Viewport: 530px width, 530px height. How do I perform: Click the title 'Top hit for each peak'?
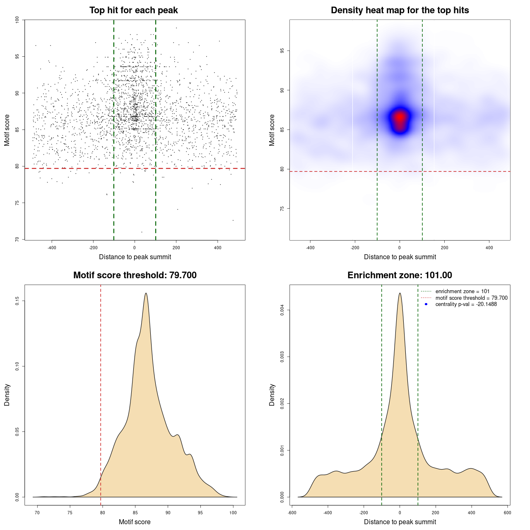click(134, 10)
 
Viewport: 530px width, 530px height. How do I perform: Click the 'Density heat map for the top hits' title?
click(400, 10)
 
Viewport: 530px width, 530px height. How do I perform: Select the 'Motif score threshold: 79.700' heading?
click(135, 275)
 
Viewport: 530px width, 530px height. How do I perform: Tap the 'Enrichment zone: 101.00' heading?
click(400, 275)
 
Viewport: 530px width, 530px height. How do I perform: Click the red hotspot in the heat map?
click(400, 118)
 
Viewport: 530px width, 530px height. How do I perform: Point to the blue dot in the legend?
click(426, 304)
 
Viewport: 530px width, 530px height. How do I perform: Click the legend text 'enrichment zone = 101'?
click(462, 291)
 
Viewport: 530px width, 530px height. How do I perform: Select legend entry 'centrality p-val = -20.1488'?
click(466, 304)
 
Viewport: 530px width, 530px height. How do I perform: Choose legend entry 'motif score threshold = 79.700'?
click(471, 298)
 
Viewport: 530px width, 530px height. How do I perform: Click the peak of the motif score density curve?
click(146, 294)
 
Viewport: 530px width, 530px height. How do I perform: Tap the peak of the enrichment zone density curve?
click(400, 294)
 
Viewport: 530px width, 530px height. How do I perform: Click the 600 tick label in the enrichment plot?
click(507, 513)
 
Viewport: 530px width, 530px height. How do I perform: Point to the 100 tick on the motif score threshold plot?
click(233, 513)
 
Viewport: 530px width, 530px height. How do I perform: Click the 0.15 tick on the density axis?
click(17, 301)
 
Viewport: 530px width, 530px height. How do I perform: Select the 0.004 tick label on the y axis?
click(282, 310)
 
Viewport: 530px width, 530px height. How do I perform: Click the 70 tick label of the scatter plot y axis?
click(17, 239)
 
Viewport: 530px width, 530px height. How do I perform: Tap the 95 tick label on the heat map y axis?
click(282, 51)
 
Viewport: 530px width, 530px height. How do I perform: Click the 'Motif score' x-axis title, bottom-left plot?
click(135, 522)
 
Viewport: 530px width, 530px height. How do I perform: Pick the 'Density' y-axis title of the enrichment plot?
click(272, 395)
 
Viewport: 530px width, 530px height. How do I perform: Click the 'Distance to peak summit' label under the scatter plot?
click(135, 257)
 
